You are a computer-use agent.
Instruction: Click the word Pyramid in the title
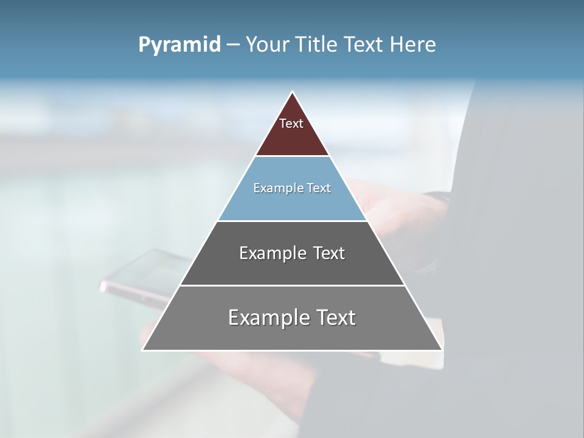point(179,45)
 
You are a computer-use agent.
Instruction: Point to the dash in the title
point(233,45)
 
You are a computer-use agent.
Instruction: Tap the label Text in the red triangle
point(291,123)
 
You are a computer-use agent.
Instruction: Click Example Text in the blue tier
point(292,188)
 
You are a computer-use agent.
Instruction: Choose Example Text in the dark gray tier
point(292,253)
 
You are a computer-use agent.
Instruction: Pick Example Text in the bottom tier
point(292,318)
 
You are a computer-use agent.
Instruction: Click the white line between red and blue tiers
point(292,156)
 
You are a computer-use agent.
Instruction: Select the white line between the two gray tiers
point(292,285)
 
